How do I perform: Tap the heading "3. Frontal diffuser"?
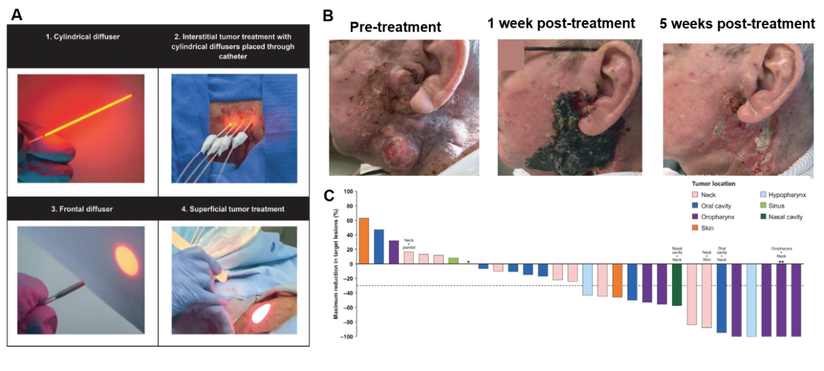tap(82, 209)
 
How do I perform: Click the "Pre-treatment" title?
tap(395, 27)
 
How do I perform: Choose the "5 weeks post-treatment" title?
tap(736, 24)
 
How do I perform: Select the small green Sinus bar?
tap(453, 261)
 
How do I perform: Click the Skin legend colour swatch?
tap(695, 228)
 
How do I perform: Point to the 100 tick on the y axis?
tap(349, 191)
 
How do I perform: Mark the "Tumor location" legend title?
tap(714, 184)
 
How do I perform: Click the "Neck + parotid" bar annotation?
tap(409, 243)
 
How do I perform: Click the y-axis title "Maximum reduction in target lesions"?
tap(336, 264)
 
